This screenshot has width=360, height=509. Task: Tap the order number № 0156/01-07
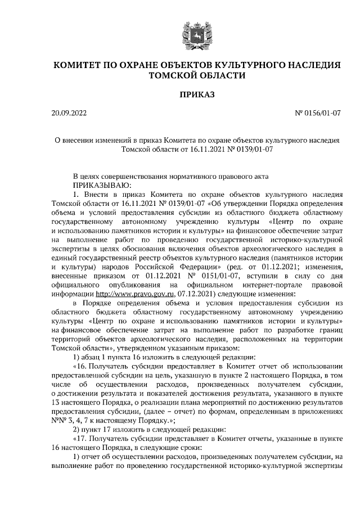(317, 114)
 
